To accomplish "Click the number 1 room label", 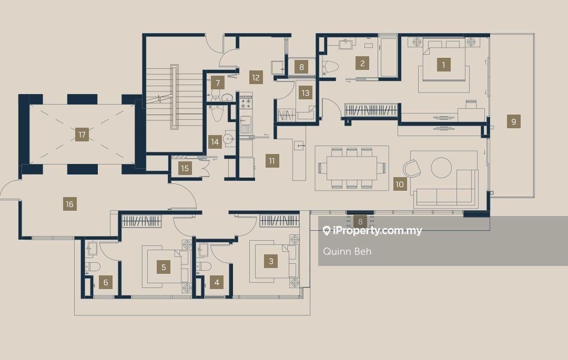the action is pos(443,65).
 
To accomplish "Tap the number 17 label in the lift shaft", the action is pos(82,135).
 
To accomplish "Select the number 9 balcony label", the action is pos(513,121).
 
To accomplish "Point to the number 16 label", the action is pos(69,204).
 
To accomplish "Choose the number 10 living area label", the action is pos(400,184).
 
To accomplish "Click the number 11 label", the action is pos(272,160).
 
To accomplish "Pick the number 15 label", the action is pos(185,168).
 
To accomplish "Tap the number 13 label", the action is pos(306,93).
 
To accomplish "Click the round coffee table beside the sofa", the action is pos(441,168).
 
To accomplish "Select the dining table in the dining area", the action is pos(351,168).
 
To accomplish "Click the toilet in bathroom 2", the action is pos(330,67).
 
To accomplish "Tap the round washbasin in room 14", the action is pos(229,139).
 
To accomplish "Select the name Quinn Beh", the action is pos(347,251).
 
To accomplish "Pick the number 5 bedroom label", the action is pos(164,268).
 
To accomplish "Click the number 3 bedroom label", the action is pos(271,261).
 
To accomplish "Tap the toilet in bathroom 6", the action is pos(93,267).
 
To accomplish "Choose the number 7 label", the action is pos(218,83).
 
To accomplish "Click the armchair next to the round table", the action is pos(412,168).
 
